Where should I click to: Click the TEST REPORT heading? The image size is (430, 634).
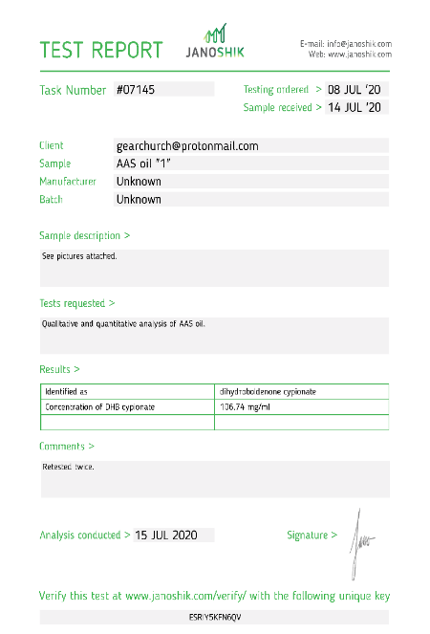point(100,50)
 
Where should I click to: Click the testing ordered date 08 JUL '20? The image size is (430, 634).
point(355,89)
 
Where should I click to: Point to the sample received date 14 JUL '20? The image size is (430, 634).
point(355,108)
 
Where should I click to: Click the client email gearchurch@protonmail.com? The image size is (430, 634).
point(186,145)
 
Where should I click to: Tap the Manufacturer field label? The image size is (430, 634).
point(67,182)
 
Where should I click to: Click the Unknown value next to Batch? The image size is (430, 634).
point(139,200)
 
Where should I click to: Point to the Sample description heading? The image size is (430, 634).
point(84,235)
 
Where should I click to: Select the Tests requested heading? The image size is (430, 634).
point(76,303)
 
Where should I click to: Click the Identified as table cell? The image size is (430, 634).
point(67,392)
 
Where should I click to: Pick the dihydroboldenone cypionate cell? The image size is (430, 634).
point(267,392)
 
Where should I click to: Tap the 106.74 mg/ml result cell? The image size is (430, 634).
point(242,407)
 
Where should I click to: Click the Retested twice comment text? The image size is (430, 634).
point(68,468)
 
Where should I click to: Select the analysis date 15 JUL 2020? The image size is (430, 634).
point(166,535)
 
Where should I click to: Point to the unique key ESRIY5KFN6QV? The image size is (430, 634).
point(215,617)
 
